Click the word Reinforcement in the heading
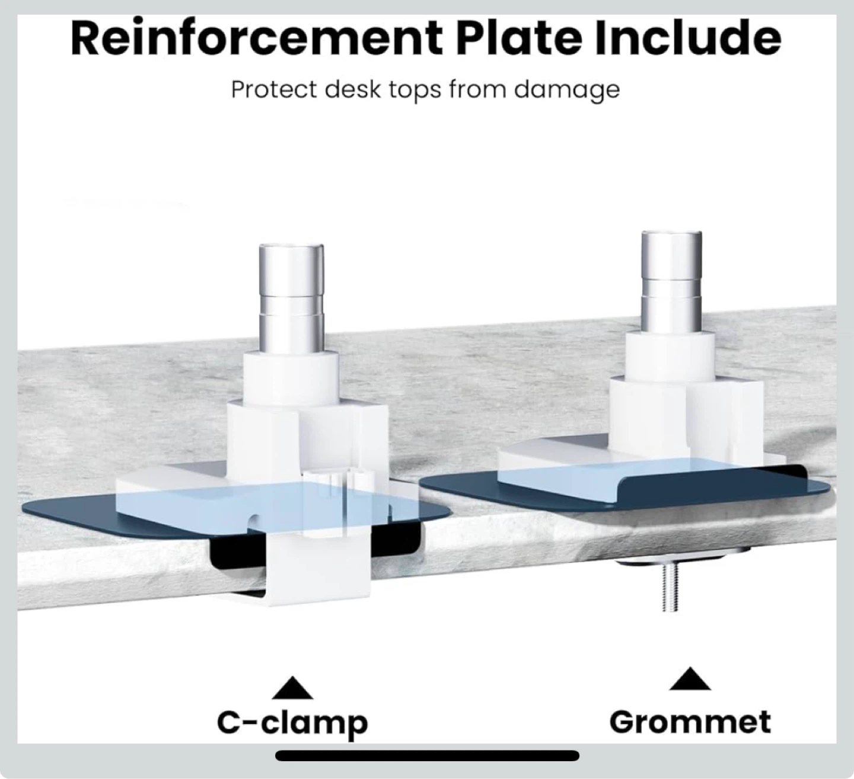pos(257,38)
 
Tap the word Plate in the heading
pos(521,38)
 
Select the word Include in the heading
pos(687,38)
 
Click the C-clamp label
pos(292,723)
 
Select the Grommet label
pos(690,722)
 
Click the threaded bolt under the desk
pos(670,588)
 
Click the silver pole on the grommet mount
pos(671,283)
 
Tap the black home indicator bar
pos(427,755)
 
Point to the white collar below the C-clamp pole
pos(291,377)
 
